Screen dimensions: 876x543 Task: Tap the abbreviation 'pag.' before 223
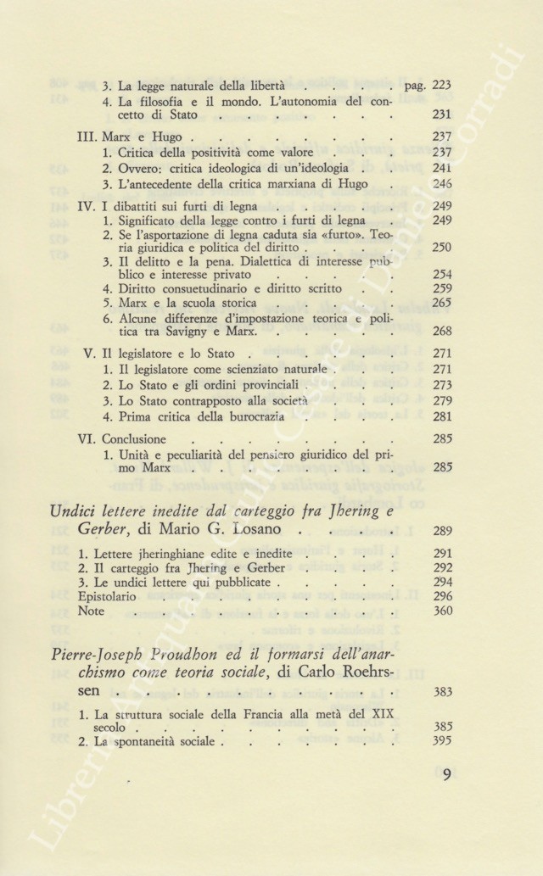click(416, 86)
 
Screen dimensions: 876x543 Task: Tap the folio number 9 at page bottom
click(446, 774)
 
